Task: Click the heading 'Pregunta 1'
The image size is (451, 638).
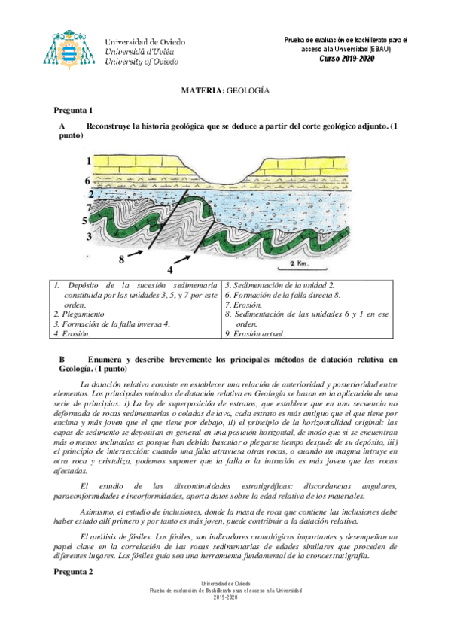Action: click(x=73, y=110)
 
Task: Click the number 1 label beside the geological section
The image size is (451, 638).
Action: click(x=88, y=161)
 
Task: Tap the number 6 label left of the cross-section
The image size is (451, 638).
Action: click(x=88, y=181)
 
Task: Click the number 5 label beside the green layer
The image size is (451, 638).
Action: click(x=86, y=220)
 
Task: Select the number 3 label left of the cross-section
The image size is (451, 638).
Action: click(x=88, y=236)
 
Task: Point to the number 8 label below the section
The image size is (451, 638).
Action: click(x=120, y=260)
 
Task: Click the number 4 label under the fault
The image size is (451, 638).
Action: click(x=170, y=269)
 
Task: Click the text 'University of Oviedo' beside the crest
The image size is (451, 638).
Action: click(x=142, y=62)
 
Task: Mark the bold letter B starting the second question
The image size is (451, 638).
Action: click(x=62, y=360)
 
